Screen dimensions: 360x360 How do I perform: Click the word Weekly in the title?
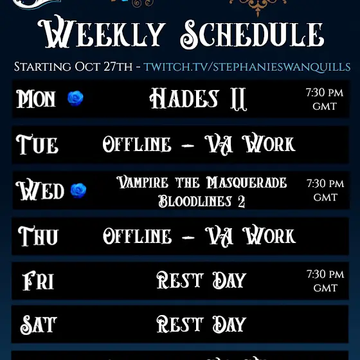[102, 32]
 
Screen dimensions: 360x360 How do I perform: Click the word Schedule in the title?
[252, 34]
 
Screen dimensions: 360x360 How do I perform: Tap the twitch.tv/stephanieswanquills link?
[247, 67]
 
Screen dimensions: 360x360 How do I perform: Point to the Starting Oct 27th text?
[73, 67]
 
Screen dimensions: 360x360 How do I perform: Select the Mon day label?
[36, 99]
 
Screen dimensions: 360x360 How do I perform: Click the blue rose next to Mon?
[75, 98]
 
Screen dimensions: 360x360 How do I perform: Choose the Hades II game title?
[198, 99]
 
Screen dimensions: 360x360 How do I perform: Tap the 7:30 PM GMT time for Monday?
[325, 100]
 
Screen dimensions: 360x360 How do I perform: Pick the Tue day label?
[37, 145]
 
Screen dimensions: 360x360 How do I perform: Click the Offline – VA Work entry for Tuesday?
[199, 144]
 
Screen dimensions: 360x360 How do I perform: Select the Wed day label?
[40, 190]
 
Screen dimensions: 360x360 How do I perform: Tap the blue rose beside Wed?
[78, 190]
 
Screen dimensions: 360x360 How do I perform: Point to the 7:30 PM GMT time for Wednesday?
[325, 190]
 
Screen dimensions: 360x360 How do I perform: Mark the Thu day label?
[38, 236]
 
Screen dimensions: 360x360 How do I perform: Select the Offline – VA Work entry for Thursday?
[199, 236]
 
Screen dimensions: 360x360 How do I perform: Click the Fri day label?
[38, 280]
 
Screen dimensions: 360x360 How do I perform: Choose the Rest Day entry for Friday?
[201, 280]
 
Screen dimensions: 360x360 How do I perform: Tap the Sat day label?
[39, 325]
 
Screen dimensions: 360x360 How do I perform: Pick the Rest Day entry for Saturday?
[201, 324]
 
